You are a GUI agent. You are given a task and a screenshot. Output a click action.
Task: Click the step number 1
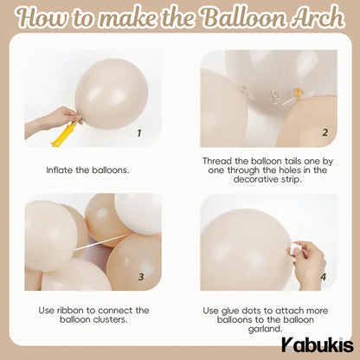139,133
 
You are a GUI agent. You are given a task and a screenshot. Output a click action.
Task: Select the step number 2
324,132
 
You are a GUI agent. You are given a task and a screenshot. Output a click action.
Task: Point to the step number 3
140,277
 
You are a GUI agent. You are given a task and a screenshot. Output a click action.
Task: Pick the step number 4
324,277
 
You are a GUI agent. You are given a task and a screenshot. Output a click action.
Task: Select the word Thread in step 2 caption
220,161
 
